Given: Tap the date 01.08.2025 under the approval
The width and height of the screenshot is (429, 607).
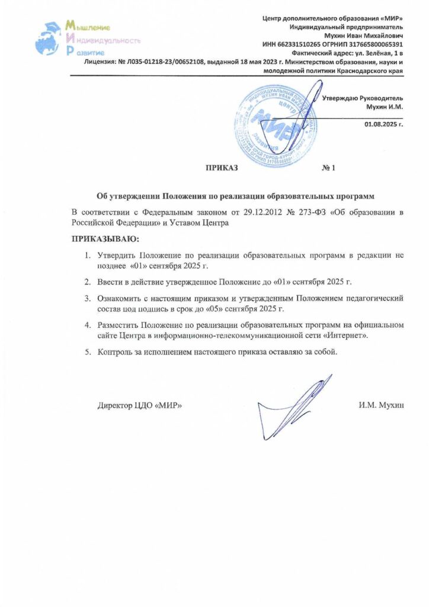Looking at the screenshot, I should coord(383,125).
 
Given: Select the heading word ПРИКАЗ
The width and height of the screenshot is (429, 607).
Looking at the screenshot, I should coord(221,168).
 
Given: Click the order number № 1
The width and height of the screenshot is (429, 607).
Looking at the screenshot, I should coord(329,168).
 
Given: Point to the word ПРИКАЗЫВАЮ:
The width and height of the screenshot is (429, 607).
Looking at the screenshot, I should coord(104,239).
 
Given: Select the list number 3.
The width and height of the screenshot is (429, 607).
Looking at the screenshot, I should coord(87,298).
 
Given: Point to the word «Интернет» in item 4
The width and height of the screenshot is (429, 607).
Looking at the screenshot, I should coord(345,336).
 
